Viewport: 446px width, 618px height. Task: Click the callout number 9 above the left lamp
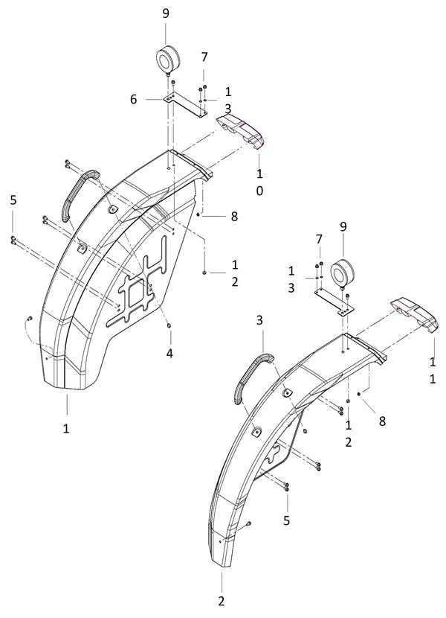[x=166, y=13]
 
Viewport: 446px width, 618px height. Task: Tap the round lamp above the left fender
[x=168, y=59]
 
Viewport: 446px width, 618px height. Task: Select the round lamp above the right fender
[x=341, y=273]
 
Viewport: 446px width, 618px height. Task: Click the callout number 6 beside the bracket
[x=134, y=99]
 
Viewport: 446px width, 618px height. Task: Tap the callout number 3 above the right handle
[x=259, y=320]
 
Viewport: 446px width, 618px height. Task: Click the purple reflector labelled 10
[x=240, y=131]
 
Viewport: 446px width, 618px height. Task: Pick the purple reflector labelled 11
[x=414, y=314]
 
